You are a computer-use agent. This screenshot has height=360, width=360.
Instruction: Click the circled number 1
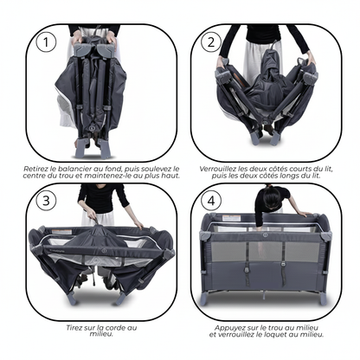pyautogui.click(x=46, y=42)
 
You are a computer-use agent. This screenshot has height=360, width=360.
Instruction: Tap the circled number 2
pyautogui.click(x=211, y=42)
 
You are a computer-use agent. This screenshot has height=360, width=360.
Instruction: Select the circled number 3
pyautogui.click(x=46, y=201)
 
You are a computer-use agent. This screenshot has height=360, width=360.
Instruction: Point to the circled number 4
pyautogui.click(x=211, y=201)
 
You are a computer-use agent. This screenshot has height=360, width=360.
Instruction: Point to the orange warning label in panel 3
pyautogui.click(x=61, y=232)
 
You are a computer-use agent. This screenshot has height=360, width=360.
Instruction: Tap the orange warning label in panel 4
pyautogui.click(x=231, y=218)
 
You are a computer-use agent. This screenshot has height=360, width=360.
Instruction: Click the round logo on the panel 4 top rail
pyautogui.click(x=265, y=235)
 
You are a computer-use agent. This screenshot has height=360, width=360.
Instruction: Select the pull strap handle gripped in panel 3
pyautogui.click(x=95, y=222)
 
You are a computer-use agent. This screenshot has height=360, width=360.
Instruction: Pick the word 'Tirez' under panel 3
pyautogui.click(x=74, y=328)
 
